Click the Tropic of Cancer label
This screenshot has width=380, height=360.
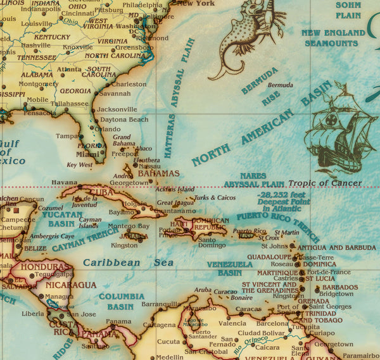click(x=324, y=183)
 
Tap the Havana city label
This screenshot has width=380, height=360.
click(x=64, y=182)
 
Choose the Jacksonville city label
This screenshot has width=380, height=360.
click(x=117, y=109)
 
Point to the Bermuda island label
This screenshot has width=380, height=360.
click(x=280, y=85)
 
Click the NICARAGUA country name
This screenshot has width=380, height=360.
click(x=70, y=285)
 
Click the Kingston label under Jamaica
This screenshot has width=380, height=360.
click(x=123, y=245)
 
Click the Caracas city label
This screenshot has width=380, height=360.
click(x=248, y=309)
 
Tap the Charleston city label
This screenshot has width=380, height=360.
click(x=129, y=84)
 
